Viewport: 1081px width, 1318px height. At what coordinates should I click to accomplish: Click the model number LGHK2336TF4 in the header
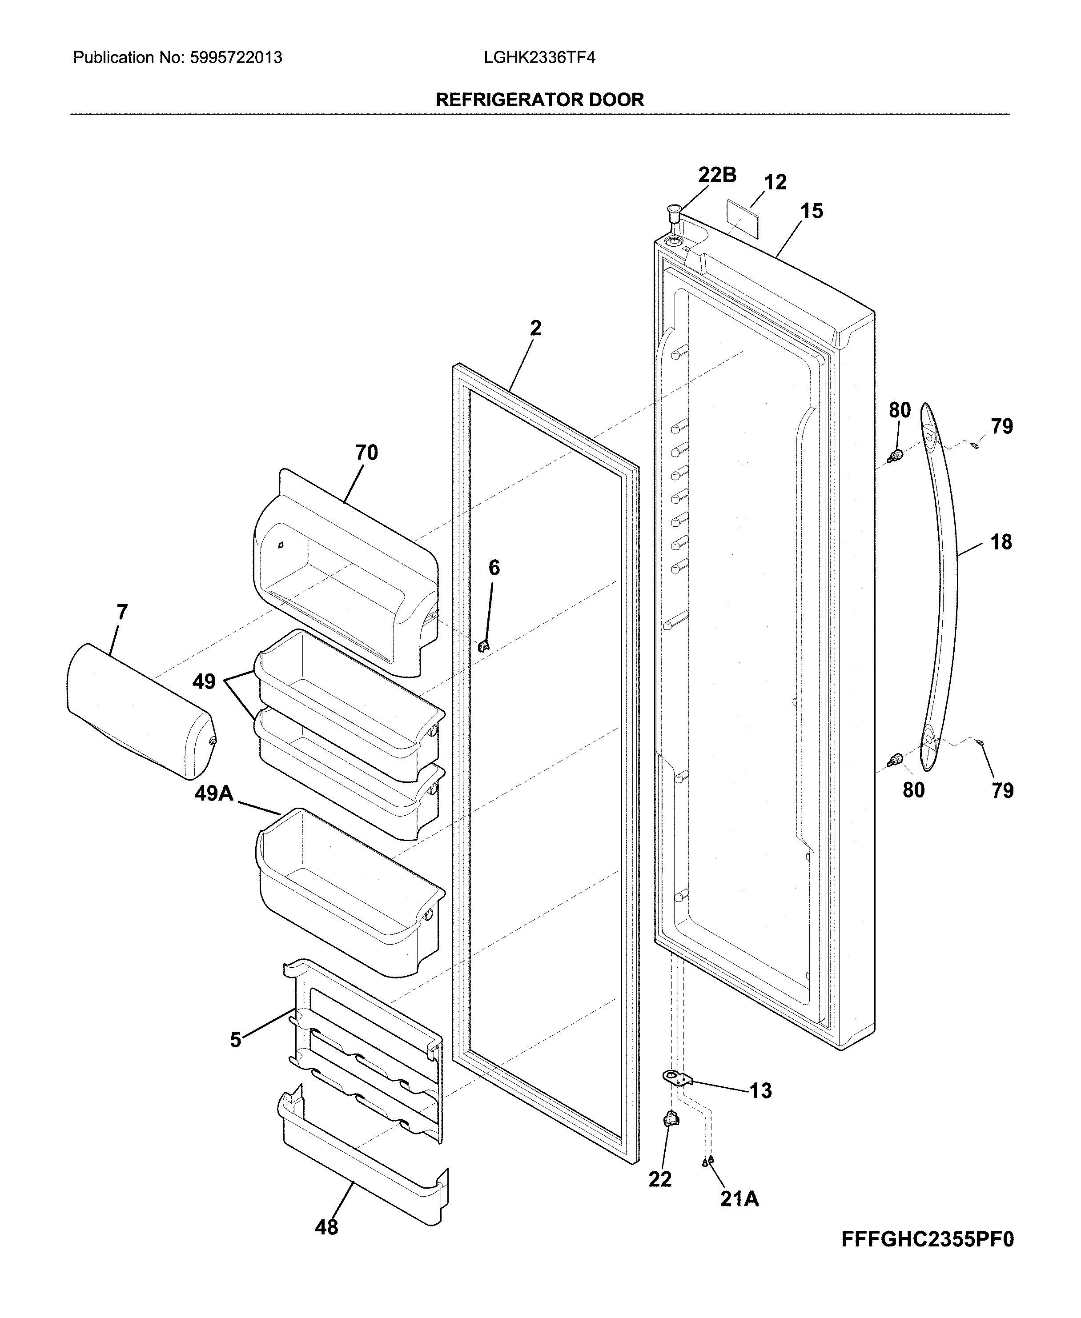coord(539,58)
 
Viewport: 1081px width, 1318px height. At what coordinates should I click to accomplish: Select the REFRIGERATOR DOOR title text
coord(539,100)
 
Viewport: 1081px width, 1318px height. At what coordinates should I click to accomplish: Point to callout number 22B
coord(717,176)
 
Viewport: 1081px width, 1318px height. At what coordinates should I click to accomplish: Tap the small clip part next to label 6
coord(483,646)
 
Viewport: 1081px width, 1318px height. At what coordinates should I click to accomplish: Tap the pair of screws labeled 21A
coord(707,1161)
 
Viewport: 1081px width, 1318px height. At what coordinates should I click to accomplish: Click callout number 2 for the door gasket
coord(535,328)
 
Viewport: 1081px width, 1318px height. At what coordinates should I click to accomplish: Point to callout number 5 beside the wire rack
coord(235,1040)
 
